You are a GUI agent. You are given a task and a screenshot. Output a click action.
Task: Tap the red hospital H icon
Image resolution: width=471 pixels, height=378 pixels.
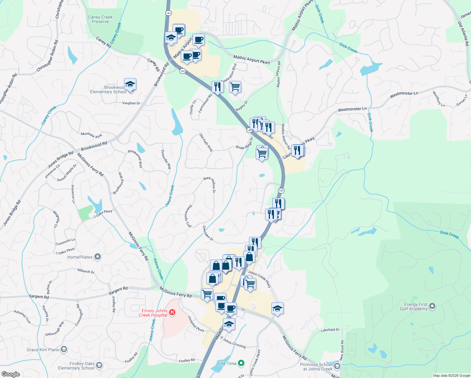[172, 312]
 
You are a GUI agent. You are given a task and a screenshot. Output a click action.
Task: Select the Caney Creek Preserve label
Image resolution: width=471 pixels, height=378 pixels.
[100, 20]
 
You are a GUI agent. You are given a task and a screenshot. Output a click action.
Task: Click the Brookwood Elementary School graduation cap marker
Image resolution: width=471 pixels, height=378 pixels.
[130, 84]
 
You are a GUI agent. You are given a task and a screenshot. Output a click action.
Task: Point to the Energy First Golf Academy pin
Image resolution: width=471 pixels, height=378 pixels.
[432, 306]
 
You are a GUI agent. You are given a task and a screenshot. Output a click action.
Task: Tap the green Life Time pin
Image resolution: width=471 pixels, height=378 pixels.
[241, 364]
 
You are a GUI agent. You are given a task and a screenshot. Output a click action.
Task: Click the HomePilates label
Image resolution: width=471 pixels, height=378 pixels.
[80, 257]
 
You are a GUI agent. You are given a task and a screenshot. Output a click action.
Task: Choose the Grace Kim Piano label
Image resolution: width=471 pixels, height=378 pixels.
[43, 350]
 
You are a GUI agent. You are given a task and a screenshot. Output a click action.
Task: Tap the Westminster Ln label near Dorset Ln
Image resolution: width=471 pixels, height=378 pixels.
[404, 94]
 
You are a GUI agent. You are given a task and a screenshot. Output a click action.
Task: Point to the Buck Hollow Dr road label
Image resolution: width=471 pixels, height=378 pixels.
[210, 184]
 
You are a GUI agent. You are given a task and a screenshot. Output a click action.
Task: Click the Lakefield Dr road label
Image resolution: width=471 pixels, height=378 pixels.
[330, 330]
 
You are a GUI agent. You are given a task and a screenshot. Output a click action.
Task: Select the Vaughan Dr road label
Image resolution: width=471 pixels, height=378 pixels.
[131, 103]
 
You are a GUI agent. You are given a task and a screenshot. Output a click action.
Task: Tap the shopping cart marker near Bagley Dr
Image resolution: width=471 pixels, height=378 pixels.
[235, 87]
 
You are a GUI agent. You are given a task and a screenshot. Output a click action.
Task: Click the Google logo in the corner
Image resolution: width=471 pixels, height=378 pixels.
[11, 374]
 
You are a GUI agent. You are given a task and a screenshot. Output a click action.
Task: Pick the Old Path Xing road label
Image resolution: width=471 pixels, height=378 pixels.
[206, 142]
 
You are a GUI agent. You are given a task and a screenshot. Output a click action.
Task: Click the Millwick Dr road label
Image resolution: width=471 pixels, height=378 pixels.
[86, 271]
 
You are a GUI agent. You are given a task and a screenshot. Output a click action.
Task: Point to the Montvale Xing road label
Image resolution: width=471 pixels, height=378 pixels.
[91, 135]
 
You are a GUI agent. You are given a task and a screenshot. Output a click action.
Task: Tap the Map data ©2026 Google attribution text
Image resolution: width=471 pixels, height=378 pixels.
[451, 375]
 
